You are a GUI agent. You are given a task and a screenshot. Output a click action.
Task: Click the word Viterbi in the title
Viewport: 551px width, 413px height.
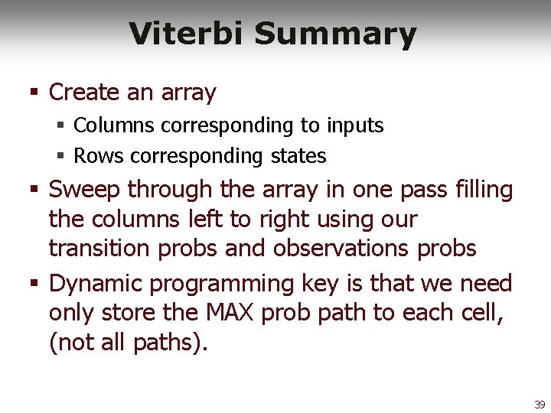(x=187, y=34)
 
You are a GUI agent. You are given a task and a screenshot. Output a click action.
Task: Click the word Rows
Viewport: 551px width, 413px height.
(x=99, y=156)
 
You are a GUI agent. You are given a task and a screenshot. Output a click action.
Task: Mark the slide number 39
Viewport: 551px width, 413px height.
(x=540, y=405)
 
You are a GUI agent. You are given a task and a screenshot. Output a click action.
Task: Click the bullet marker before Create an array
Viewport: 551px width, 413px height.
(x=34, y=93)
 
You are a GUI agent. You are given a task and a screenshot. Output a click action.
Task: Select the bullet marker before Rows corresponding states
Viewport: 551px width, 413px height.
(x=60, y=157)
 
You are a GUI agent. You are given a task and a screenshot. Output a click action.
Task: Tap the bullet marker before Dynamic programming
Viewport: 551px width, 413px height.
(x=34, y=284)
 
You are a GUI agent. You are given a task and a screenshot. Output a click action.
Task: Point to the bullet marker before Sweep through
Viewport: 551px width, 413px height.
(x=34, y=189)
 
